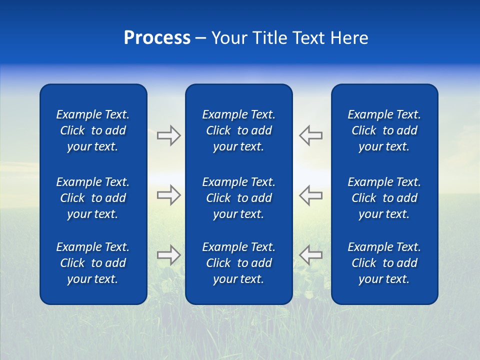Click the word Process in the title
[157, 38]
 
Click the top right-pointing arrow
[168, 135]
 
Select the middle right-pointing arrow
[168, 195]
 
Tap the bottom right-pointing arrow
[168, 255]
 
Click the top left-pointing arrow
[310, 135]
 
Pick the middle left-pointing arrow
[310, 195]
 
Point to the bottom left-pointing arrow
[310, 255]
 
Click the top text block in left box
[93, 130]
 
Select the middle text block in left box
[93, 198]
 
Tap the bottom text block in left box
[93, 263]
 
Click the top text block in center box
[239, 130]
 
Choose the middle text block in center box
[239, 198]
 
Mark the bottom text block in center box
[239, 263]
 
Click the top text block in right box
[384, 130]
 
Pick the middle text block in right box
[384, 198]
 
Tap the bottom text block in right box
[384, 263]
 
